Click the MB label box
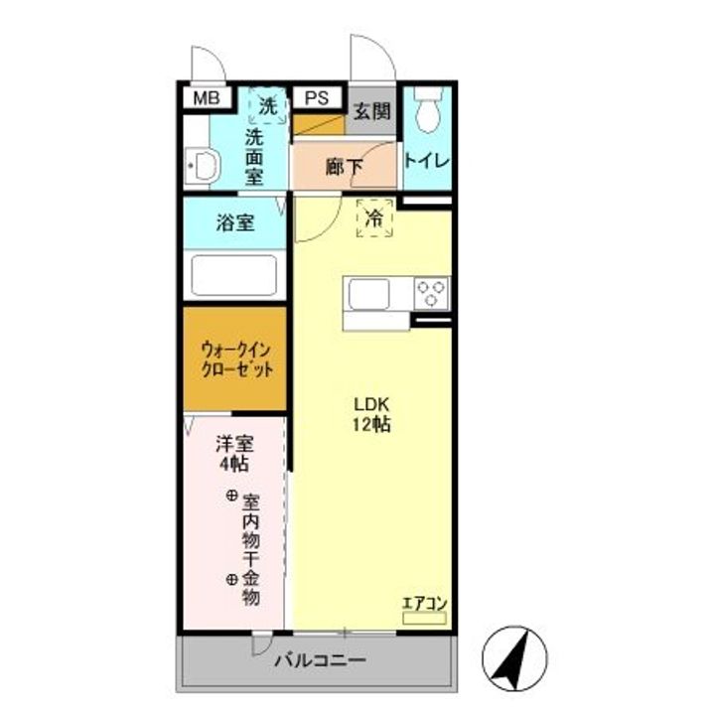click(x=207, y=97)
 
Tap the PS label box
click(x=317, y=97)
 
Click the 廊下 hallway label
click(x=344, y=166)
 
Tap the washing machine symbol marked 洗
click(x=268, y=104)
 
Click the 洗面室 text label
click(x=255, y=155)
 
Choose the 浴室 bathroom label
click(x=234, y=222)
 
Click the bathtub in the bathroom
click(x=233, y=275)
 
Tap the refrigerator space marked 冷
click(x=375, y=218)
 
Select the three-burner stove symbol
click(x=432, y=292)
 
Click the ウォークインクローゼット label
click(x=235, y=359)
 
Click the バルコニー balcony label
click(x=320, y=660)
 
